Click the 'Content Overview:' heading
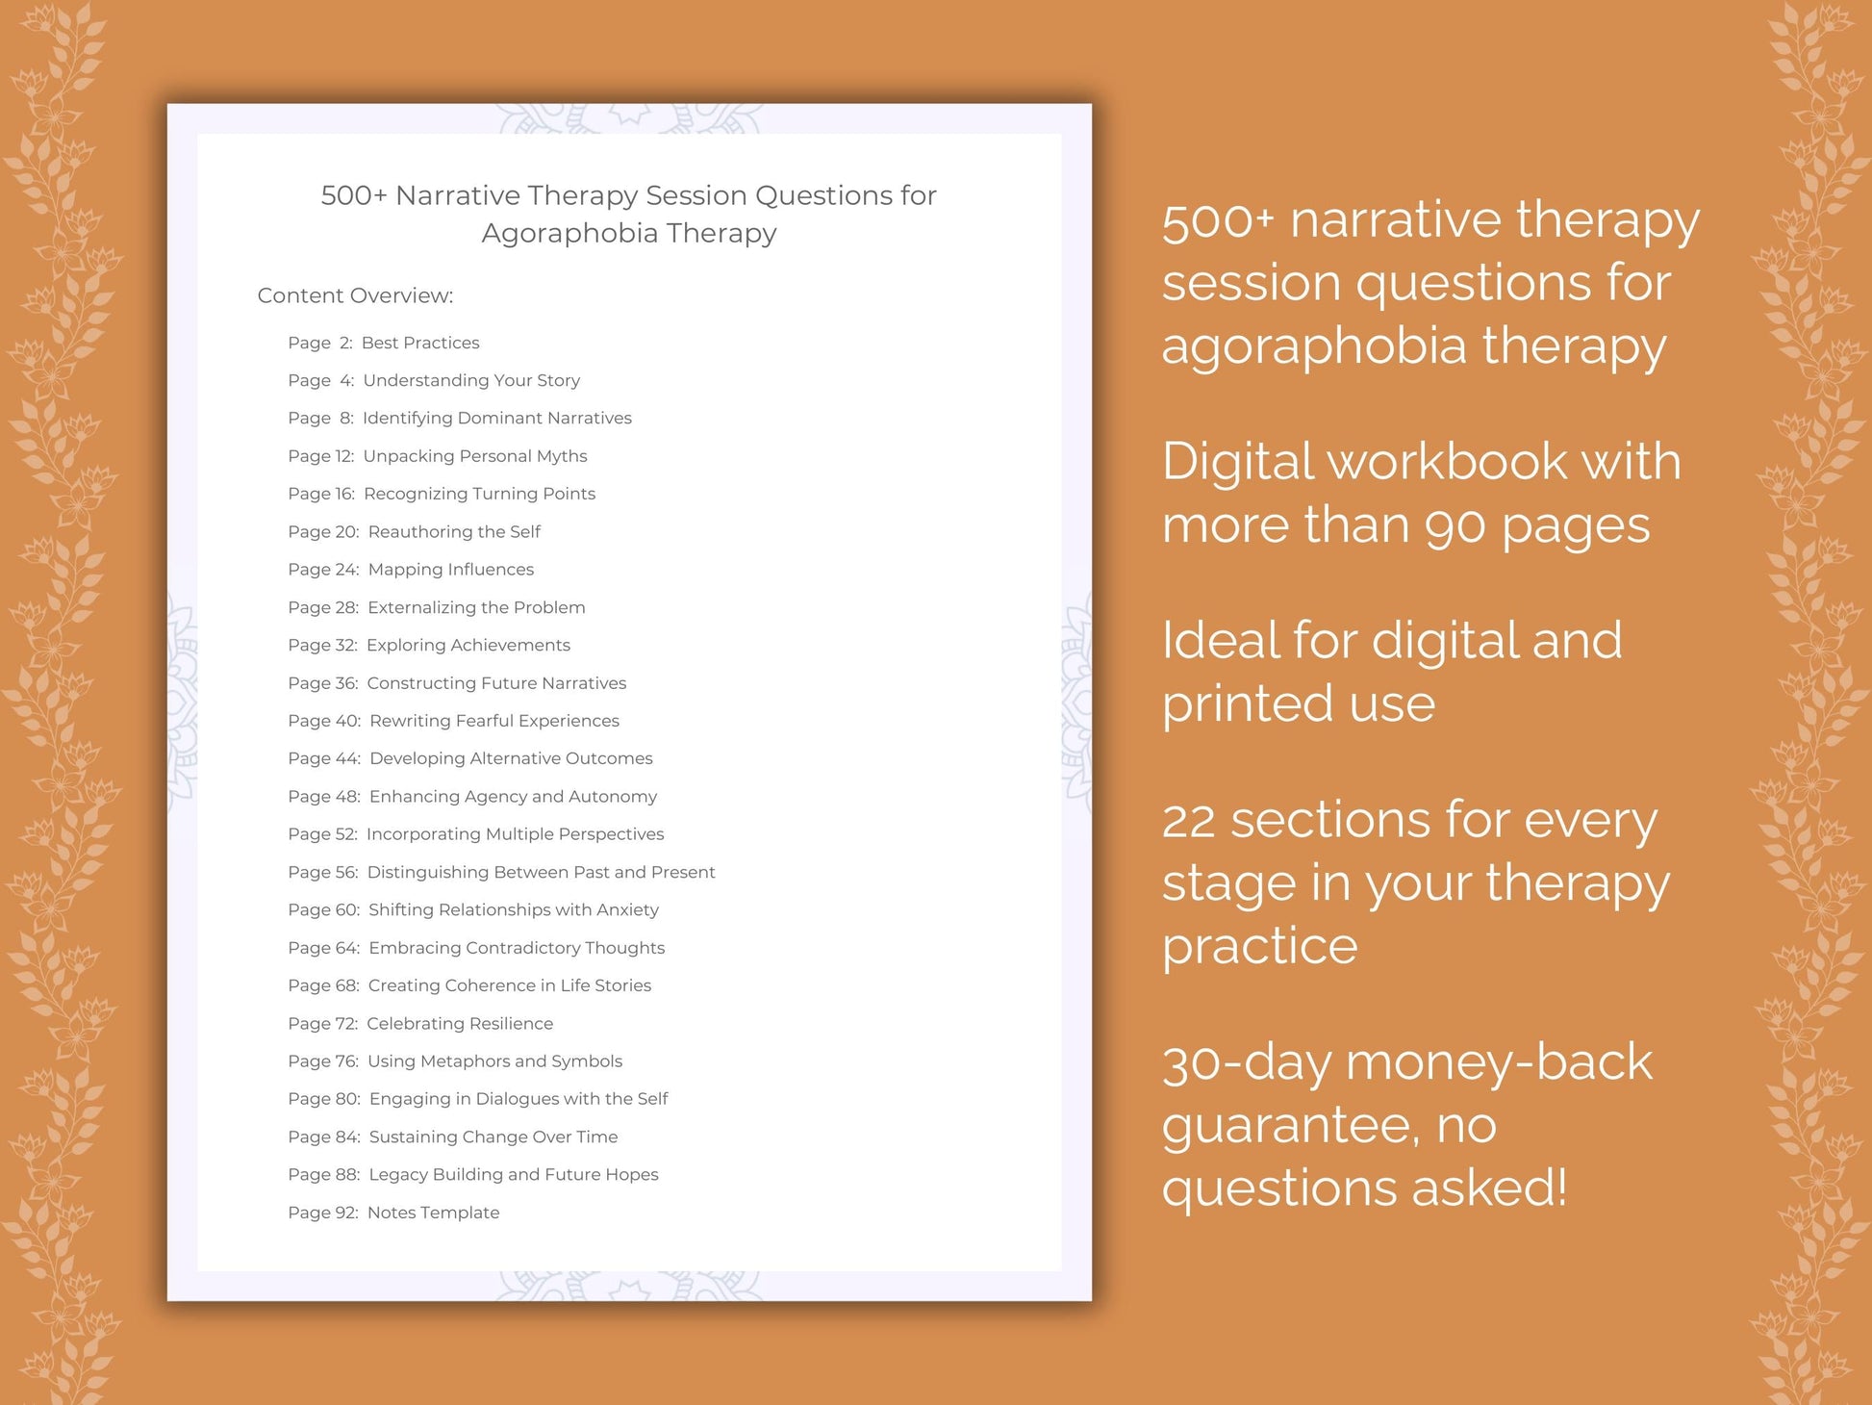click(355, 295)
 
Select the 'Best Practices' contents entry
click(419, 343)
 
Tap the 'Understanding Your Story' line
click(471, 380)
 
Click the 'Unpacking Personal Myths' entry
click(474, 456)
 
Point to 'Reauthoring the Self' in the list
click(454, 532)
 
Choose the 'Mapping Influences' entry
click(450, 570)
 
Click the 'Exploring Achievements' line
click(468, 646)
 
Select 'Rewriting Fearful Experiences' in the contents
click(493, 721)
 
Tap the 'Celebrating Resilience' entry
click(460, 1024)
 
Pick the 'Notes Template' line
click(433, 1213)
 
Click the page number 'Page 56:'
click(322, 873)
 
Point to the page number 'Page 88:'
click(323, 1175)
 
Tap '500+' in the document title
click(353, 195)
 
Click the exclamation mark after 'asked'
click(1559, 1188)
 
